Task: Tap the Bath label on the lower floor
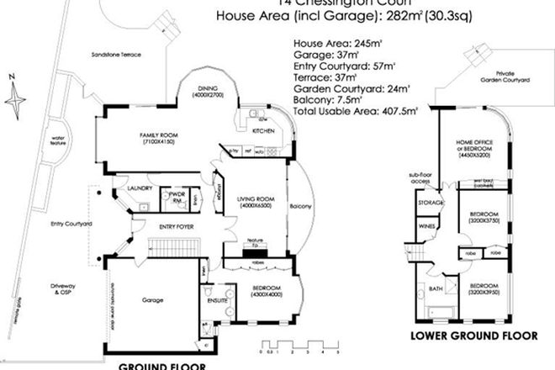pos(436,288)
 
